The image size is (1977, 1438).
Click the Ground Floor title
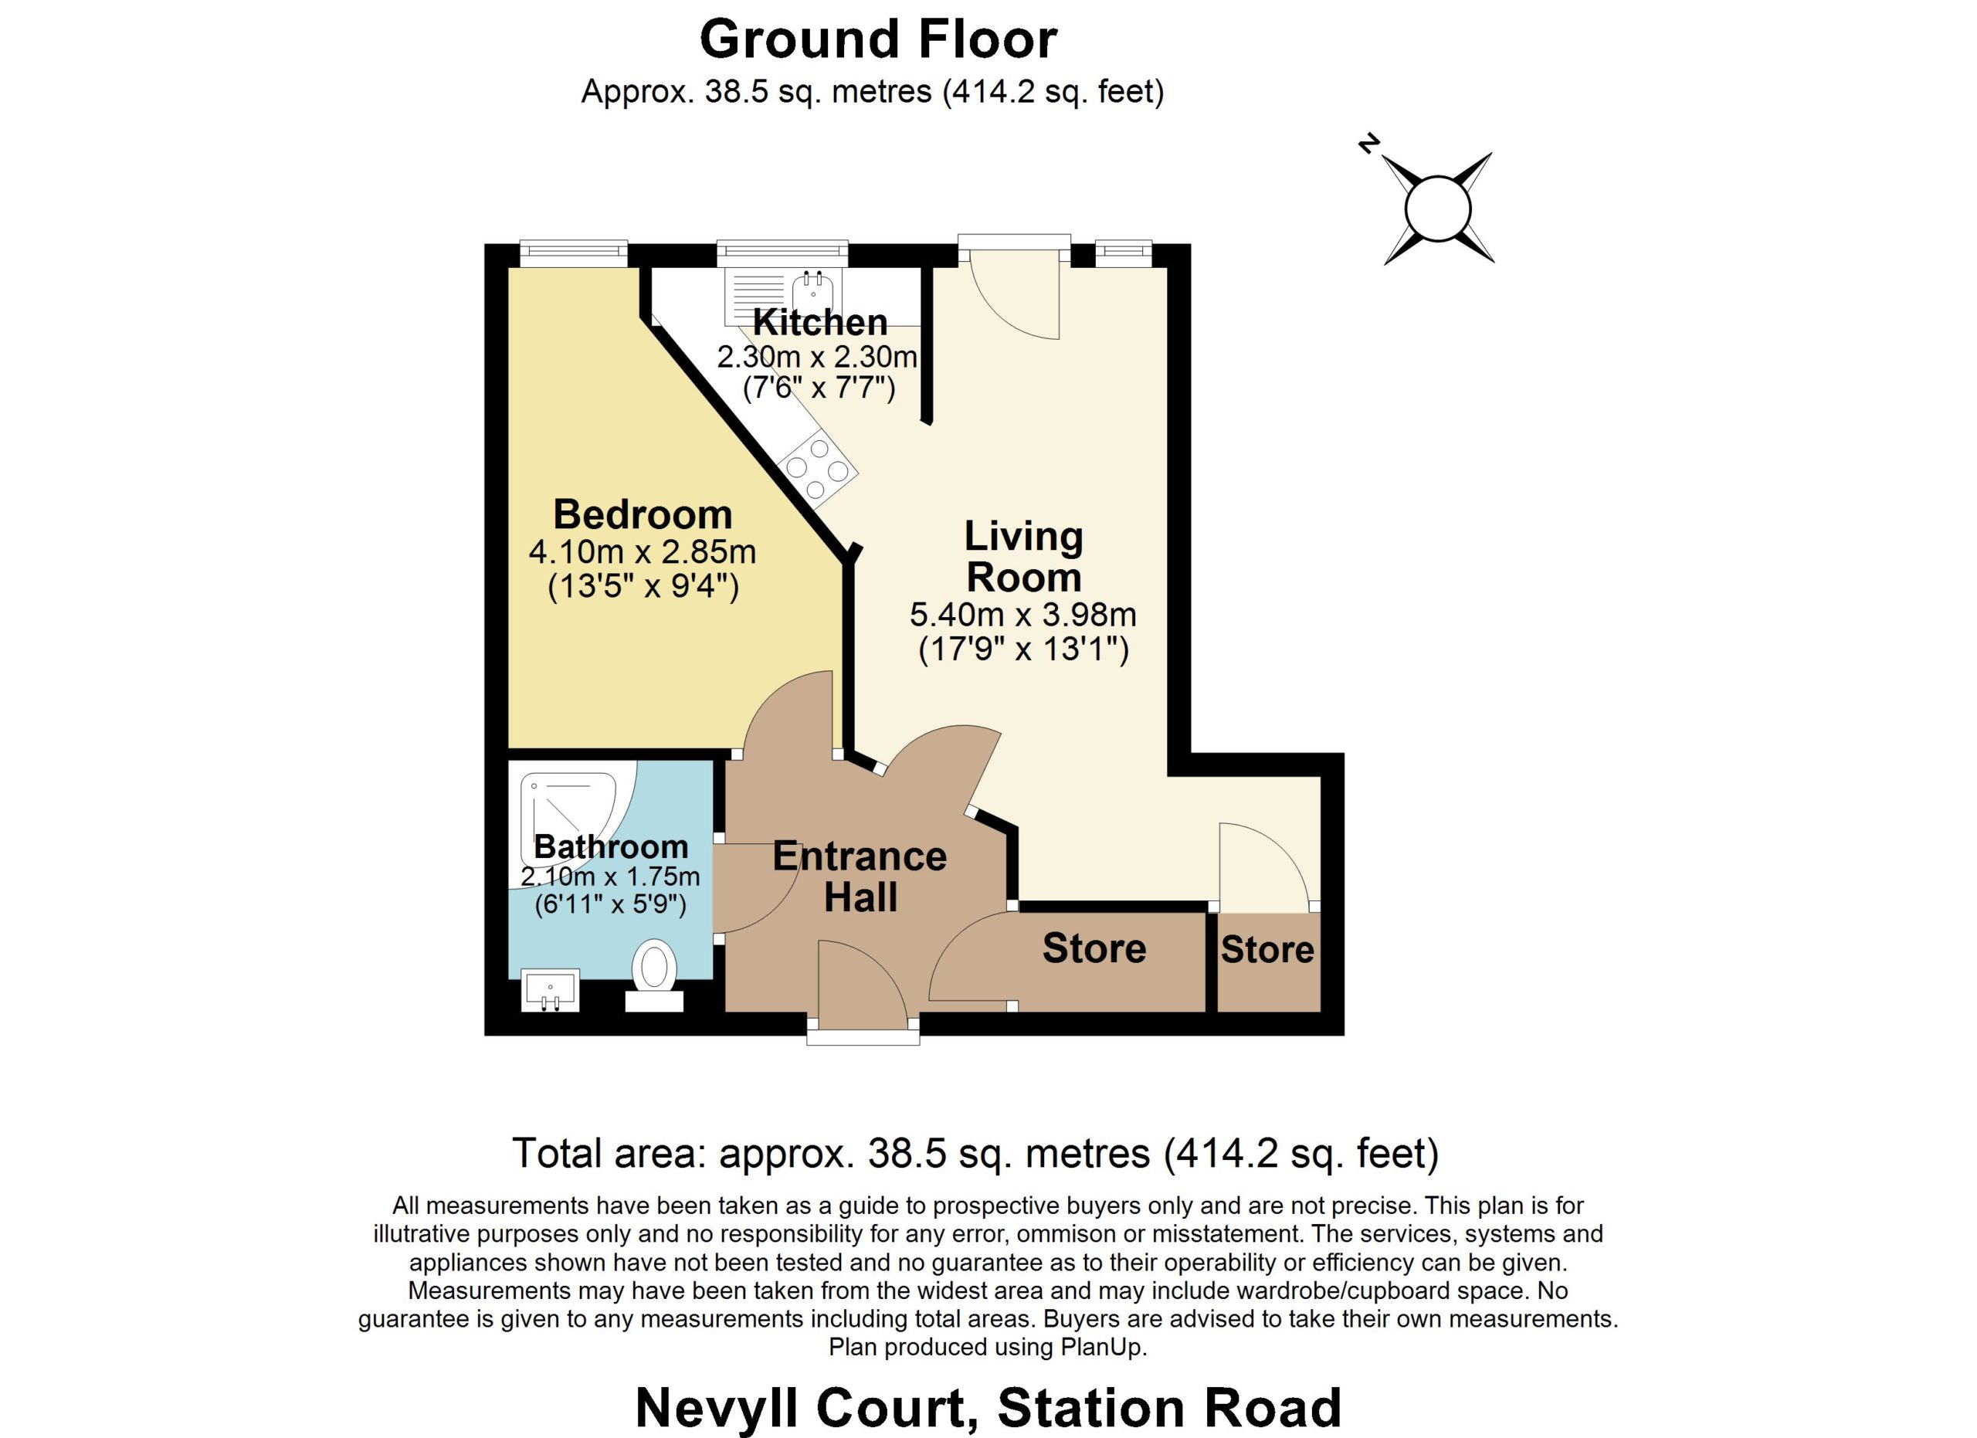[x=879, y=39]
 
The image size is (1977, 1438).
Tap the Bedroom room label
[x=643, y=514]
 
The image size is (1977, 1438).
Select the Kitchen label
[x=820, y=323]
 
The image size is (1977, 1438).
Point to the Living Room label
[x=1023, y=556]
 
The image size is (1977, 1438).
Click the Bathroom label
[x=611, y=846]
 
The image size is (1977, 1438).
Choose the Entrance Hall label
[x=860, y=877]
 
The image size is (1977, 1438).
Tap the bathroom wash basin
[x=550, y=989]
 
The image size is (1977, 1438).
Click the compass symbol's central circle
[x=1437, y=209]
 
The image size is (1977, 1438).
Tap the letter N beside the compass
[x=1369, y=144]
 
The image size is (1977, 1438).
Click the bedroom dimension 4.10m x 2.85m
[x=643, y=551]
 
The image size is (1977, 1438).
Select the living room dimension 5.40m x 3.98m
[x=1023, y=615]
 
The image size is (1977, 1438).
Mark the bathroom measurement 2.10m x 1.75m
[x=610, y=876]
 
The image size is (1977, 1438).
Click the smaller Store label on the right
[x=1267, y=949]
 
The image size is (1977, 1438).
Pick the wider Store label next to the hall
[x=1094, y=948]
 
